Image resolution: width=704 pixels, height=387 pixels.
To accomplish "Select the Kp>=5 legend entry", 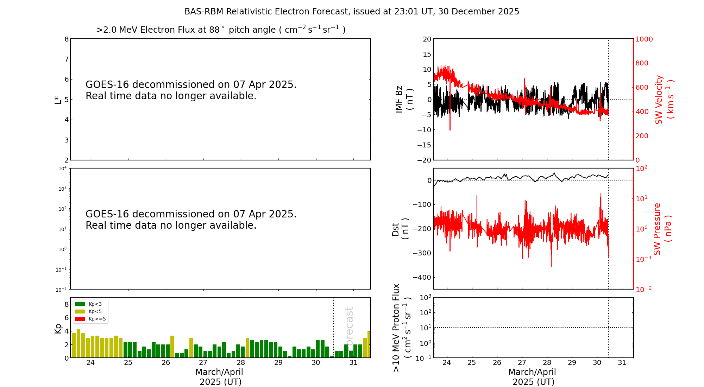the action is tap(90, 319).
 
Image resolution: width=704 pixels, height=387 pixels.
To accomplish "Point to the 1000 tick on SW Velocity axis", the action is tap(644, 39).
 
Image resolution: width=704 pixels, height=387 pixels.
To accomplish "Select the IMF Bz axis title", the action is tap(404, 99).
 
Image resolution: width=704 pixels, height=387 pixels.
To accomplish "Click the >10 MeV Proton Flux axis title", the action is tap(402, 328).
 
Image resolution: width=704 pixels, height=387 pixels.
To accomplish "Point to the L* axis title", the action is tap(58, 99).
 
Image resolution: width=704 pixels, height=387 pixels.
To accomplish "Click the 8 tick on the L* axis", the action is tap(67, 39).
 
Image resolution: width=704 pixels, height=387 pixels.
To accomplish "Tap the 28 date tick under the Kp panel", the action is tap(241, 363).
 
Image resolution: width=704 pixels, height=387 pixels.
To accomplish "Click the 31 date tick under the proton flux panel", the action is tap(622, 363).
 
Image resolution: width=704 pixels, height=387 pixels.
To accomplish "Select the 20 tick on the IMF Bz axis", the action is tap(427, 39).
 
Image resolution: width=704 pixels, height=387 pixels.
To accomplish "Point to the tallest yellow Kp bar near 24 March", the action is tap(78, 343).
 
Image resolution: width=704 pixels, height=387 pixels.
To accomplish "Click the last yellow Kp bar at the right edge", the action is tap(369, 344).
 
